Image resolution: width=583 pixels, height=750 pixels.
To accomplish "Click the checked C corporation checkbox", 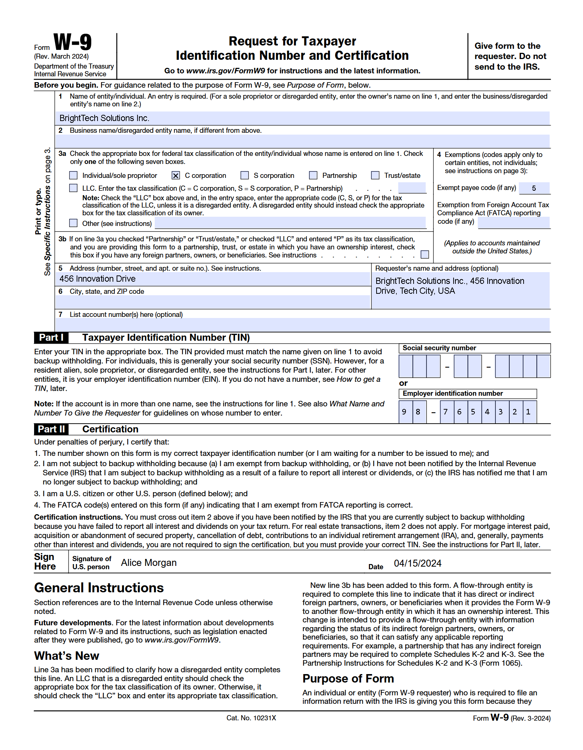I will click(176, 176).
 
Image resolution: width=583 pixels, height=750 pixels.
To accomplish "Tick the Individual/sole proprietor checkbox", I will click(74, 176).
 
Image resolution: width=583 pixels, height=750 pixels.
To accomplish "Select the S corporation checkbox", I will click(245, 176).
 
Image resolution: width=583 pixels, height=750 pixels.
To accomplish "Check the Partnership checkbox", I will click(313, 176).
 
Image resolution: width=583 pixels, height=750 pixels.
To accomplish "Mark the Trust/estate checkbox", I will click(375, 176).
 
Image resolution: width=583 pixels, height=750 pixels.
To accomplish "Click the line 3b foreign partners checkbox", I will click(425, 254).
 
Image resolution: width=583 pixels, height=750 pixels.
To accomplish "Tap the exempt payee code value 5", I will click(534, 189).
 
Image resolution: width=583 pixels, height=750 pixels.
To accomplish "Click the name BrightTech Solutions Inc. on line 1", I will click(104, 118).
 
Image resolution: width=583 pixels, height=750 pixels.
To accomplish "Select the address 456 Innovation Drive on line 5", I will click(98, 279).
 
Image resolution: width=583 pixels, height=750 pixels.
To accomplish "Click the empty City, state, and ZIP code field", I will click(213, 302).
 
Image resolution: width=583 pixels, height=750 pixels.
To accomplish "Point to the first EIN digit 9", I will click(404, 412).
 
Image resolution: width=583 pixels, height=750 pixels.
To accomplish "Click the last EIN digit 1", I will click(528, 412).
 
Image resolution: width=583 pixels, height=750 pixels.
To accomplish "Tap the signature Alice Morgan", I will click(149, 563).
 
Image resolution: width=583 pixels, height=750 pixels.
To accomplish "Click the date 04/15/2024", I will click(418, 563).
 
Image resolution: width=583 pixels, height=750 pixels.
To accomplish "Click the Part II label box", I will click(51, 429).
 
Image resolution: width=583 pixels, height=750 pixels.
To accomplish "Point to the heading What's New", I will click(67, 656).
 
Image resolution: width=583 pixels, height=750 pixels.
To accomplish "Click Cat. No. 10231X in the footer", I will click(251, 718).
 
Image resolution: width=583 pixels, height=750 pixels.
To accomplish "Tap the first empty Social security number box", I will click(406, 366).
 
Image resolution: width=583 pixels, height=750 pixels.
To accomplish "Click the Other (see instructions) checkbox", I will click(74, 223).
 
